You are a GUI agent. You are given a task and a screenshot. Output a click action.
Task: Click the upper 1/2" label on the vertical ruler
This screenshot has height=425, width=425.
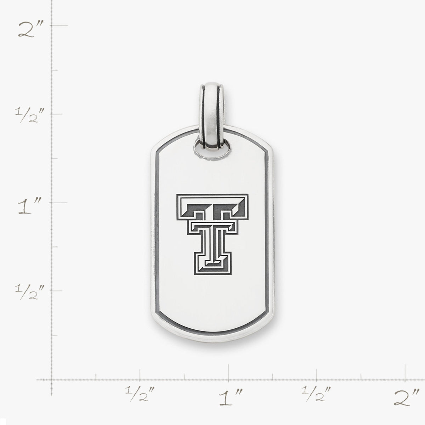point(29,115)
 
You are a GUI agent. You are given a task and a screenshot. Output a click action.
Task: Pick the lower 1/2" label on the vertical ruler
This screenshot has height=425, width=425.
point(29,291)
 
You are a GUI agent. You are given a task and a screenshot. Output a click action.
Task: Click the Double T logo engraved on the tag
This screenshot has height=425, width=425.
point(212,234)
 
